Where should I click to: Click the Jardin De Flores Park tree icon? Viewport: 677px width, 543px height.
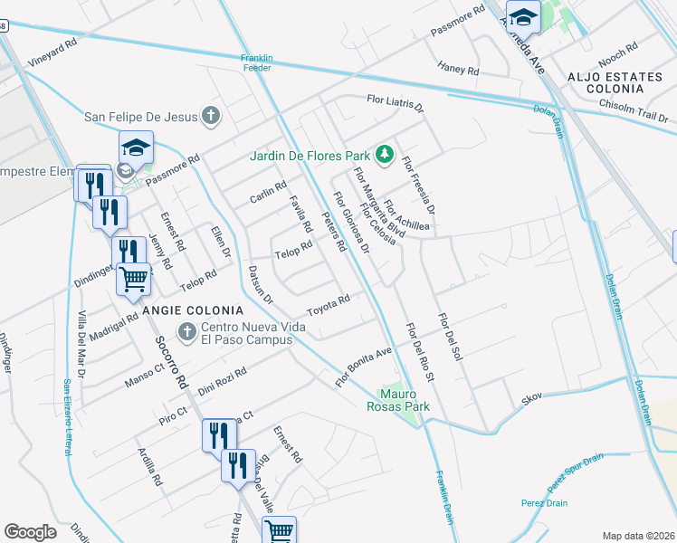[385, 155]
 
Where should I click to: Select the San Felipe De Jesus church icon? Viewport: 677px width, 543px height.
[211, 115]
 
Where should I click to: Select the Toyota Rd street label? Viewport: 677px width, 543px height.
[329, 304]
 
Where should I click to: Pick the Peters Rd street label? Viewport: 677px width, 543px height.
[335, 233]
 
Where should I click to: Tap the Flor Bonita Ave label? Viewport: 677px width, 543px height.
[364, 365]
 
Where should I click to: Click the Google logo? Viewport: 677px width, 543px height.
[30, 532]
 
